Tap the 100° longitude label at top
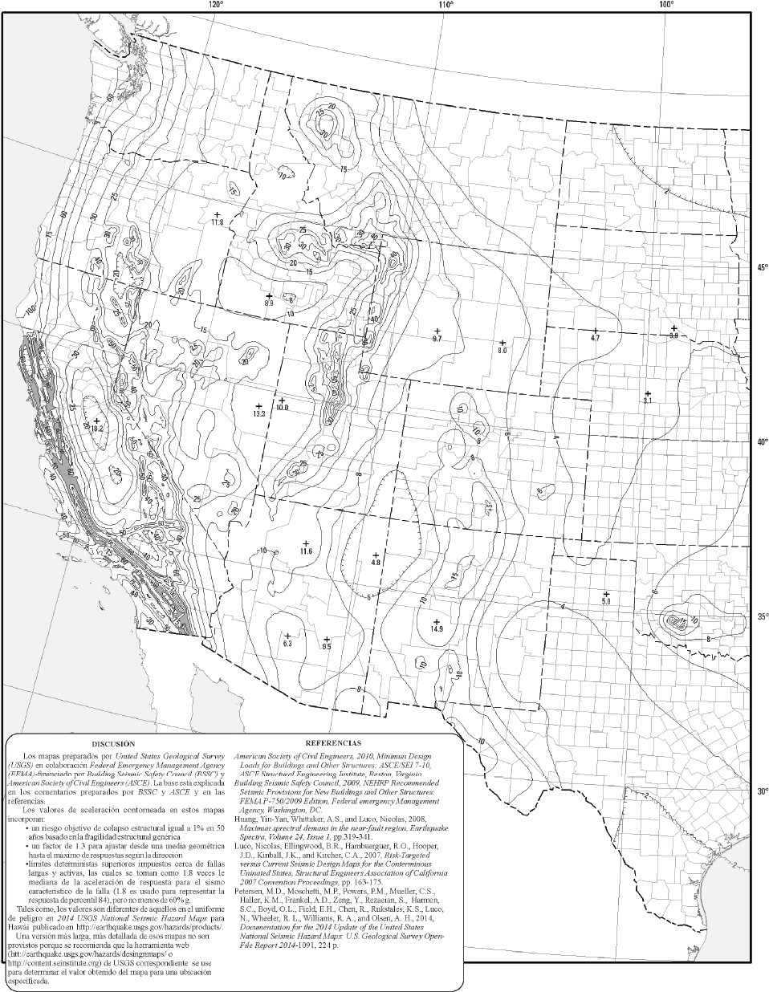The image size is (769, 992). (x=667, y=5)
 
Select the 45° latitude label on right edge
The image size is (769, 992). (x=762, y=269)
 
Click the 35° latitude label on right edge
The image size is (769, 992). (x=762, y=616)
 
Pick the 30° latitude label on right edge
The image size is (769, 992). (x=762, y=791)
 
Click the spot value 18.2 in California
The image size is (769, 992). (x=98, y=429)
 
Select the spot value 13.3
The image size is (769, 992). (x=258, y=414)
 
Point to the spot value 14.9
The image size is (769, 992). (x=437, y=629)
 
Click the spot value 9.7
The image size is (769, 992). (x=437, y=339)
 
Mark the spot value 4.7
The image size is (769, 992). (x=595, y=339)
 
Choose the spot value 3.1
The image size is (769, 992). (x=648, y=400)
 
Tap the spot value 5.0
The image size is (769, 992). (x=607, y=600)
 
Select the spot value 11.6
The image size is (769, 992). (x=306, y=551)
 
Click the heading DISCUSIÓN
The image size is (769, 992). (x=112, y=744)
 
